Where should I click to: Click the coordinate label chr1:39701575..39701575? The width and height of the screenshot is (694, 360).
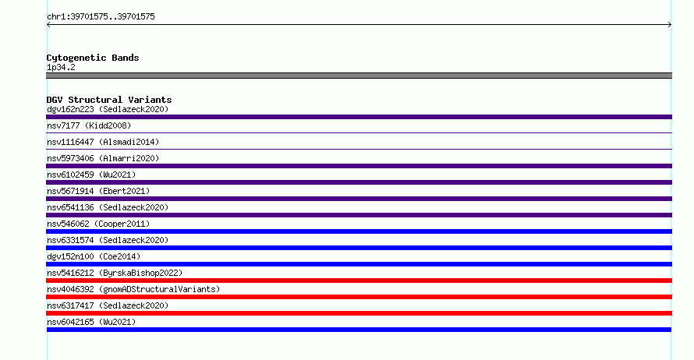coord(101,17)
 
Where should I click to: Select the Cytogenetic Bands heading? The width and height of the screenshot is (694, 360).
coord(93,58)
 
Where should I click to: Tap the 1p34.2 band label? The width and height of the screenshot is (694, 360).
coord(61,67)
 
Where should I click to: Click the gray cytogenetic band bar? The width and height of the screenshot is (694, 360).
coord(359,76)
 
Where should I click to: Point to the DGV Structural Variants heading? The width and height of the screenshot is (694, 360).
coord(109,100)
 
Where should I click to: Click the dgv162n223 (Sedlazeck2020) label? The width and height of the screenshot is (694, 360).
coord(108,109)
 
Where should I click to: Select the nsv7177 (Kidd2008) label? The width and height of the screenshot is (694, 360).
coord(89,125)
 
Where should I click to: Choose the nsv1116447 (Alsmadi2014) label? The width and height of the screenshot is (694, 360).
coord(103,142)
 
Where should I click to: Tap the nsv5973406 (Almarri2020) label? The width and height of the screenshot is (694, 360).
coord(103,158)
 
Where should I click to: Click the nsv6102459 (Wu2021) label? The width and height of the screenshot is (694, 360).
coord(91,175)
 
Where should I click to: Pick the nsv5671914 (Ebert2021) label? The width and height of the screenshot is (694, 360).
coord(98,191)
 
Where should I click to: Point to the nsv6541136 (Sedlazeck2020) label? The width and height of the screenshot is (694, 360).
coord(108,207)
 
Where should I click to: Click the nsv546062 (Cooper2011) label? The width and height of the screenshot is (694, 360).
coord(98,224)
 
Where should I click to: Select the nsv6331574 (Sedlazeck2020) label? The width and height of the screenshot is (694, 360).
coord(108,240)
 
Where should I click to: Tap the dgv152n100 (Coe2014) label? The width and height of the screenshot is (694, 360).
coord(94,256)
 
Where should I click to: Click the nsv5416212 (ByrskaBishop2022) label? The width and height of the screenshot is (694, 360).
coord(115,273)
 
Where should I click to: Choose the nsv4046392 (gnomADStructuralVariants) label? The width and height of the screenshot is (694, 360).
coord(133,289)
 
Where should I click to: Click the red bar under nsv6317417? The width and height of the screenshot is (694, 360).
coord(359,313)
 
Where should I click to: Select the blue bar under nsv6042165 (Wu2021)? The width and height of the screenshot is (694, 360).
coord(359,330)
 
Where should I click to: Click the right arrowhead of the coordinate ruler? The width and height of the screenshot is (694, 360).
coord(670,25)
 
